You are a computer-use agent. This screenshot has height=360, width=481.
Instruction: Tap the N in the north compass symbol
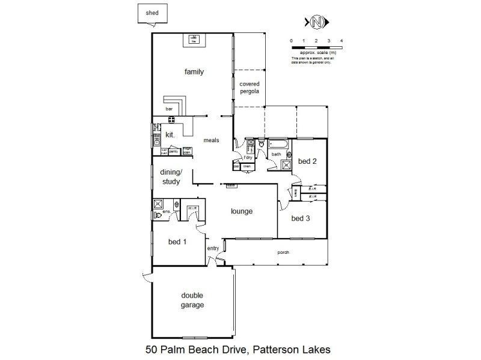(x=317, y=23)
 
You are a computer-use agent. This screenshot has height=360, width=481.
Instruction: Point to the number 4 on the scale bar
(x=342, y=40)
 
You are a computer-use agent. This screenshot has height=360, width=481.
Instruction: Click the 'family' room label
(x=194, y=72)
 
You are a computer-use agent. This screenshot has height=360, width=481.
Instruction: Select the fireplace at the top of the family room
(x=194, y=40)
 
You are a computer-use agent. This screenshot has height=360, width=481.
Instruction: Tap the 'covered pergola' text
(x=249, y=88)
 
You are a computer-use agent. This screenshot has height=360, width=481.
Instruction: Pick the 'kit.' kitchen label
(x=170, y=135)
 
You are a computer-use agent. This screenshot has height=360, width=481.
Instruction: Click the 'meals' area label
(x=210, y=140)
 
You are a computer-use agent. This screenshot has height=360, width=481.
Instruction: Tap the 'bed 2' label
(x=307, y=161)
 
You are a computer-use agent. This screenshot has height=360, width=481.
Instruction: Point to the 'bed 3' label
(x=301, y=218)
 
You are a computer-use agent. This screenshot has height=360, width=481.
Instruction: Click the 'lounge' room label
(x=241, y=211)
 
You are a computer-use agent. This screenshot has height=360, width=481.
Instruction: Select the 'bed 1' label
(x=177, y=242)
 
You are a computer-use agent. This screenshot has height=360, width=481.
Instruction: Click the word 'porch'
(x=283, y=252)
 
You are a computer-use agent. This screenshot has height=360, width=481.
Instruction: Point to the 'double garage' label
(x=192, y=300)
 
